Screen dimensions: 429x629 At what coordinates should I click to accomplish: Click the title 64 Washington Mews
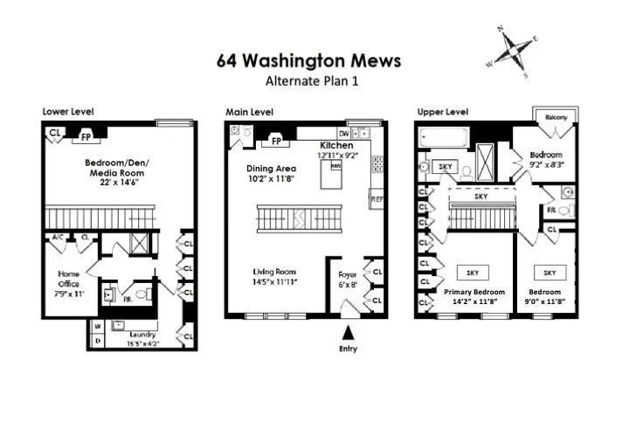tap(309, 60)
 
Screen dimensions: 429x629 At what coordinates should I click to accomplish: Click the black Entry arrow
tap(348, 332)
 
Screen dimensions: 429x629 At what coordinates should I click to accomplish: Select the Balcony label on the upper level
tap(556, 117)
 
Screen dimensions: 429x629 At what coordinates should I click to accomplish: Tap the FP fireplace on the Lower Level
tap(86, 136)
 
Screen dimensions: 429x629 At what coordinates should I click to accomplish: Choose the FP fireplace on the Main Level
tap(276, 141)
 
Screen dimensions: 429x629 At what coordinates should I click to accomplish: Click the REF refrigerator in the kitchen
tap(377, 198)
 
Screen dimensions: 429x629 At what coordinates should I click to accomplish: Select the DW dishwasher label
tap(344, 132)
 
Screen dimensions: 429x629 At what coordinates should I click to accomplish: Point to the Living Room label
tap(276, 271)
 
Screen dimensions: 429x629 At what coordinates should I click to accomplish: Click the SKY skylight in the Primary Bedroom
tap(473, 273)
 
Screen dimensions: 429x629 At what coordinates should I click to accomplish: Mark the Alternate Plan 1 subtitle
tap(311, 80)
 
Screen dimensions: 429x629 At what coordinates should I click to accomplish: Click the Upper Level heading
tap(441, 112)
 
